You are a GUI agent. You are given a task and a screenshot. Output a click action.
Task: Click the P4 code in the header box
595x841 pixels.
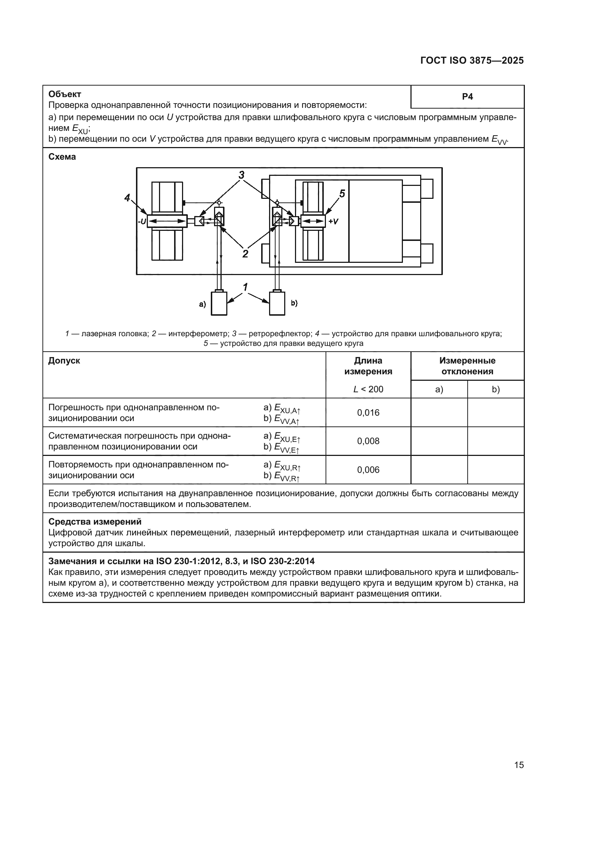tap(467, 97)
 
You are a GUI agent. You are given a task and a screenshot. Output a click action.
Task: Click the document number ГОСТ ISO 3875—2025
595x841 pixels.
tap(472, 61)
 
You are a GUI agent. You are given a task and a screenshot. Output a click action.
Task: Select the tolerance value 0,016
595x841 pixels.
tap(368, 413)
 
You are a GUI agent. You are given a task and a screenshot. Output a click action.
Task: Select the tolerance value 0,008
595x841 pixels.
tap(368, 441)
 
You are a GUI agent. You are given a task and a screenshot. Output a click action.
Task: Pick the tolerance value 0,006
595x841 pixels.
tap(368, 470)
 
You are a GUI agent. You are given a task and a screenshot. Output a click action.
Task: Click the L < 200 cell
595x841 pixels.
tap(368, 389)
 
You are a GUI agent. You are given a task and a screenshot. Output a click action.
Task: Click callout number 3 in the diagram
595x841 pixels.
tap(241, 175)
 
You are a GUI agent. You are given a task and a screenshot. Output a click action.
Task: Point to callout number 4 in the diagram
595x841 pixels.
tap(127, 198)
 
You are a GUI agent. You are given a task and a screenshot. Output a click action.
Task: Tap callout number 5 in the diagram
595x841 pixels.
tap(342, 194)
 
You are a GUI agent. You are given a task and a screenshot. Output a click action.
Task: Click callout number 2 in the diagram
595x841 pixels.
tap(245, 253)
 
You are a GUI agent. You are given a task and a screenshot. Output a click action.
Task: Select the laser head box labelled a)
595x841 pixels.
tap(219, 303)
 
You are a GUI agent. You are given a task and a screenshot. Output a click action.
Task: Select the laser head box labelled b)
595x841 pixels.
tap(277, 303)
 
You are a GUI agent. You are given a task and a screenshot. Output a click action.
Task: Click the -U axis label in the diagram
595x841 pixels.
tap(142, 221)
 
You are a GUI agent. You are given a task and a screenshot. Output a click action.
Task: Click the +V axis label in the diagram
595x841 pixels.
tap(333, 221)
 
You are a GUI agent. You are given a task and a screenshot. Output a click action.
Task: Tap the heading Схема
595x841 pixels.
tap(62, 157)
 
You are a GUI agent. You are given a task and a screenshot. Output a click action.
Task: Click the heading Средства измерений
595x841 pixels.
tap(95, 522)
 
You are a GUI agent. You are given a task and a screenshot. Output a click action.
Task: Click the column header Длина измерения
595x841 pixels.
tap(368, 366)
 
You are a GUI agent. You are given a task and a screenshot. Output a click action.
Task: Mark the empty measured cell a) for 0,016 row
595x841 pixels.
tap(439, 413)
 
